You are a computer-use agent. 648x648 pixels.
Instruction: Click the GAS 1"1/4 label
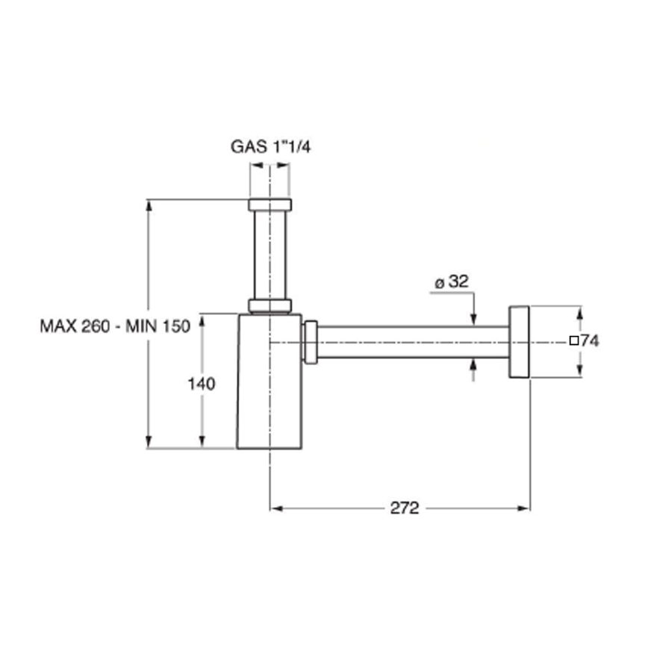pyautogui.click(x=269, y=146)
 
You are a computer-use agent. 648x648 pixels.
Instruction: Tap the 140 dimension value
pyautogui.click(x=202, y=384)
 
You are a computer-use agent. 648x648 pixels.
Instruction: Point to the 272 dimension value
pyautogui.click(x=405, y=508)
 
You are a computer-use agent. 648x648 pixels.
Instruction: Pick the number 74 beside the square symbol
pyautogui.click(x=590, y=341)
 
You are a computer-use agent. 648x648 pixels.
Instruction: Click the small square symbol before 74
pyautogui.click(x=573, y=341)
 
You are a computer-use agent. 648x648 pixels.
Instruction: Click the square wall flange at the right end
pyautogui.click(x=520, y=341)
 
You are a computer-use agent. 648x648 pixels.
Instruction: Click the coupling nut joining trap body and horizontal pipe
pyautogui.click(x=311, y=342)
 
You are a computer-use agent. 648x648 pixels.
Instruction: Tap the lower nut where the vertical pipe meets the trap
pyautogui.click(x=269, y=305)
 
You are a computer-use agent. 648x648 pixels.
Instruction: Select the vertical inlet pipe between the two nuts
pyautogui.click(x=269, y=254)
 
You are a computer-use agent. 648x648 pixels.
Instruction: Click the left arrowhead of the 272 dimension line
pyautogui.click(x=274, y=508)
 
